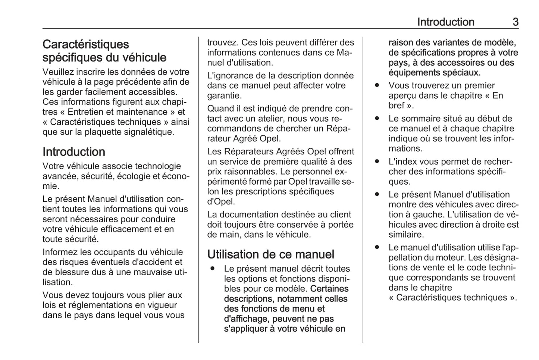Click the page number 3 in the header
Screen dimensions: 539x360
pos(515,22)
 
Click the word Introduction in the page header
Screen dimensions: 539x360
pos(445,22)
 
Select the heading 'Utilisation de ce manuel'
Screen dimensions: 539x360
pos(270,254)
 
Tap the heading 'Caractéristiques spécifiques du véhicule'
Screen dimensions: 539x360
pos(104,51)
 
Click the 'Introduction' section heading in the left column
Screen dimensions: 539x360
pos(74,152)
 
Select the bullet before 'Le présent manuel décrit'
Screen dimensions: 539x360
pos(212,269)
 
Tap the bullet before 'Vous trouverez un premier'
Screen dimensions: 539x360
pos(377,85)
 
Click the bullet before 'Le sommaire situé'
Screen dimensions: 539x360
pos(377,119)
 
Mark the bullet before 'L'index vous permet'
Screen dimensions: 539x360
pos(377,162)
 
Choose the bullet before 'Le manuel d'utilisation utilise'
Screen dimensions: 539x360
pos(377,247)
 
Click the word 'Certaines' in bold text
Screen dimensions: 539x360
pos(329,289)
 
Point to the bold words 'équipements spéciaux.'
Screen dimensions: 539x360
pos(434,73)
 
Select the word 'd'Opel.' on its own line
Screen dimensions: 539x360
pos(221,202)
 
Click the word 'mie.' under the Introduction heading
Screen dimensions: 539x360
pos(50,186)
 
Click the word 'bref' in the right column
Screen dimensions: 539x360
pos(397,106)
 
